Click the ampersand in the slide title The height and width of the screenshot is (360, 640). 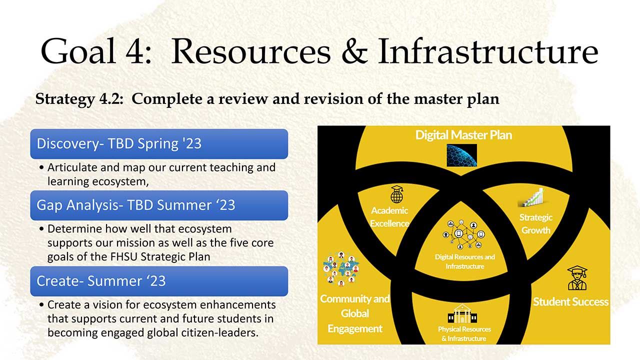[x=354, y=51]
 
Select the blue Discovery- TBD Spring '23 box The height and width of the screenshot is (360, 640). [x=159, y=143]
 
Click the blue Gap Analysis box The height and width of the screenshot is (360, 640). [x=159, y=205]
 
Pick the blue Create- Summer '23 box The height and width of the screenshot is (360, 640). [x=159, y=281]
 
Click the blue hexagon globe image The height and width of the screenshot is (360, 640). [x=461, y=155]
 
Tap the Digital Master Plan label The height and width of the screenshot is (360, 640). [x=463, y=135]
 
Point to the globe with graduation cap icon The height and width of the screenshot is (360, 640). [x=397, y=194]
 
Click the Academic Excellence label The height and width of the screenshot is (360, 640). [x=389, y=217]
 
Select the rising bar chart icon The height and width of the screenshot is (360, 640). [x=532, y=197]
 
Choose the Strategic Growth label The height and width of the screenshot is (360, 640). [x=535, y=223]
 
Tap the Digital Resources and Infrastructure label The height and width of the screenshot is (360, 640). [x=465, y=261]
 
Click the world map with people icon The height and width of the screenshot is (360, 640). [x=341, y=269]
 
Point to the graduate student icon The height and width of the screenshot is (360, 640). [x=577, y=278]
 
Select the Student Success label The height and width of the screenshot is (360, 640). [x=570, y=302]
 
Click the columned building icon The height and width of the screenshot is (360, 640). [x=462, y=313]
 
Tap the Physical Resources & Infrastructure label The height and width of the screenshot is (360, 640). [x=464, y=334]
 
